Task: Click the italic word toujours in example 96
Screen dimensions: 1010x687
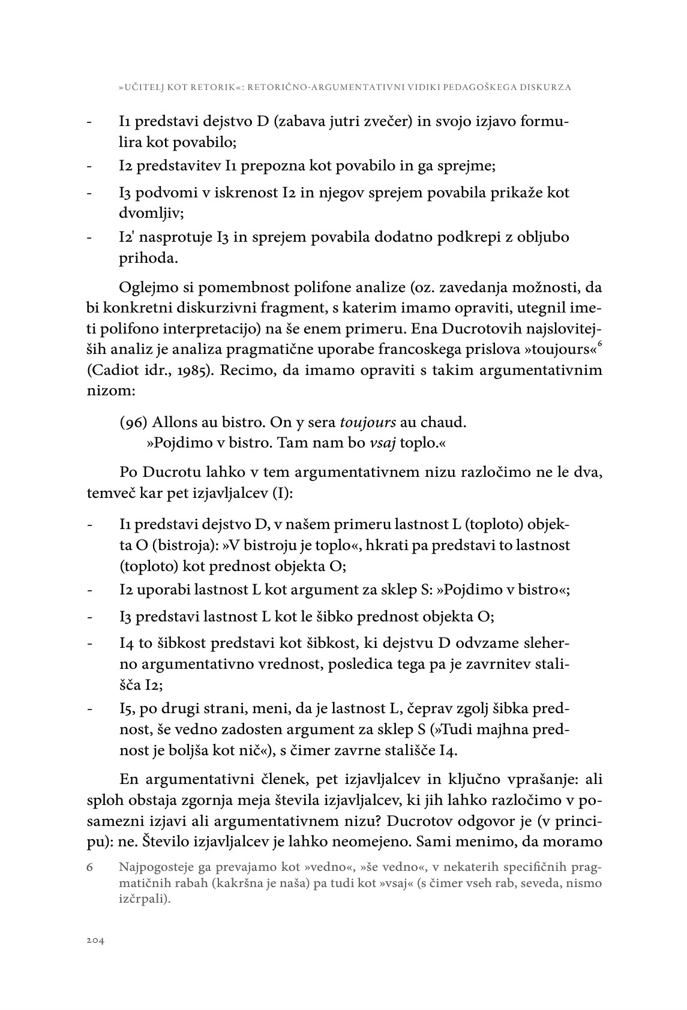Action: pos(368,422)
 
